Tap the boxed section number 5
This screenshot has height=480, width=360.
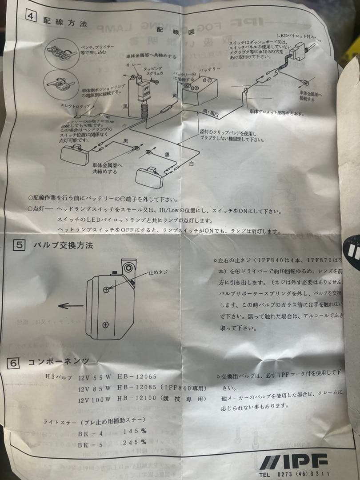[19, 245]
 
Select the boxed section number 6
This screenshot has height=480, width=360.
[13, 363]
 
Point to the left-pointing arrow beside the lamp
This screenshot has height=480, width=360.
[71, 306]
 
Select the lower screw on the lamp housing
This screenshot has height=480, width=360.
[106, 324]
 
